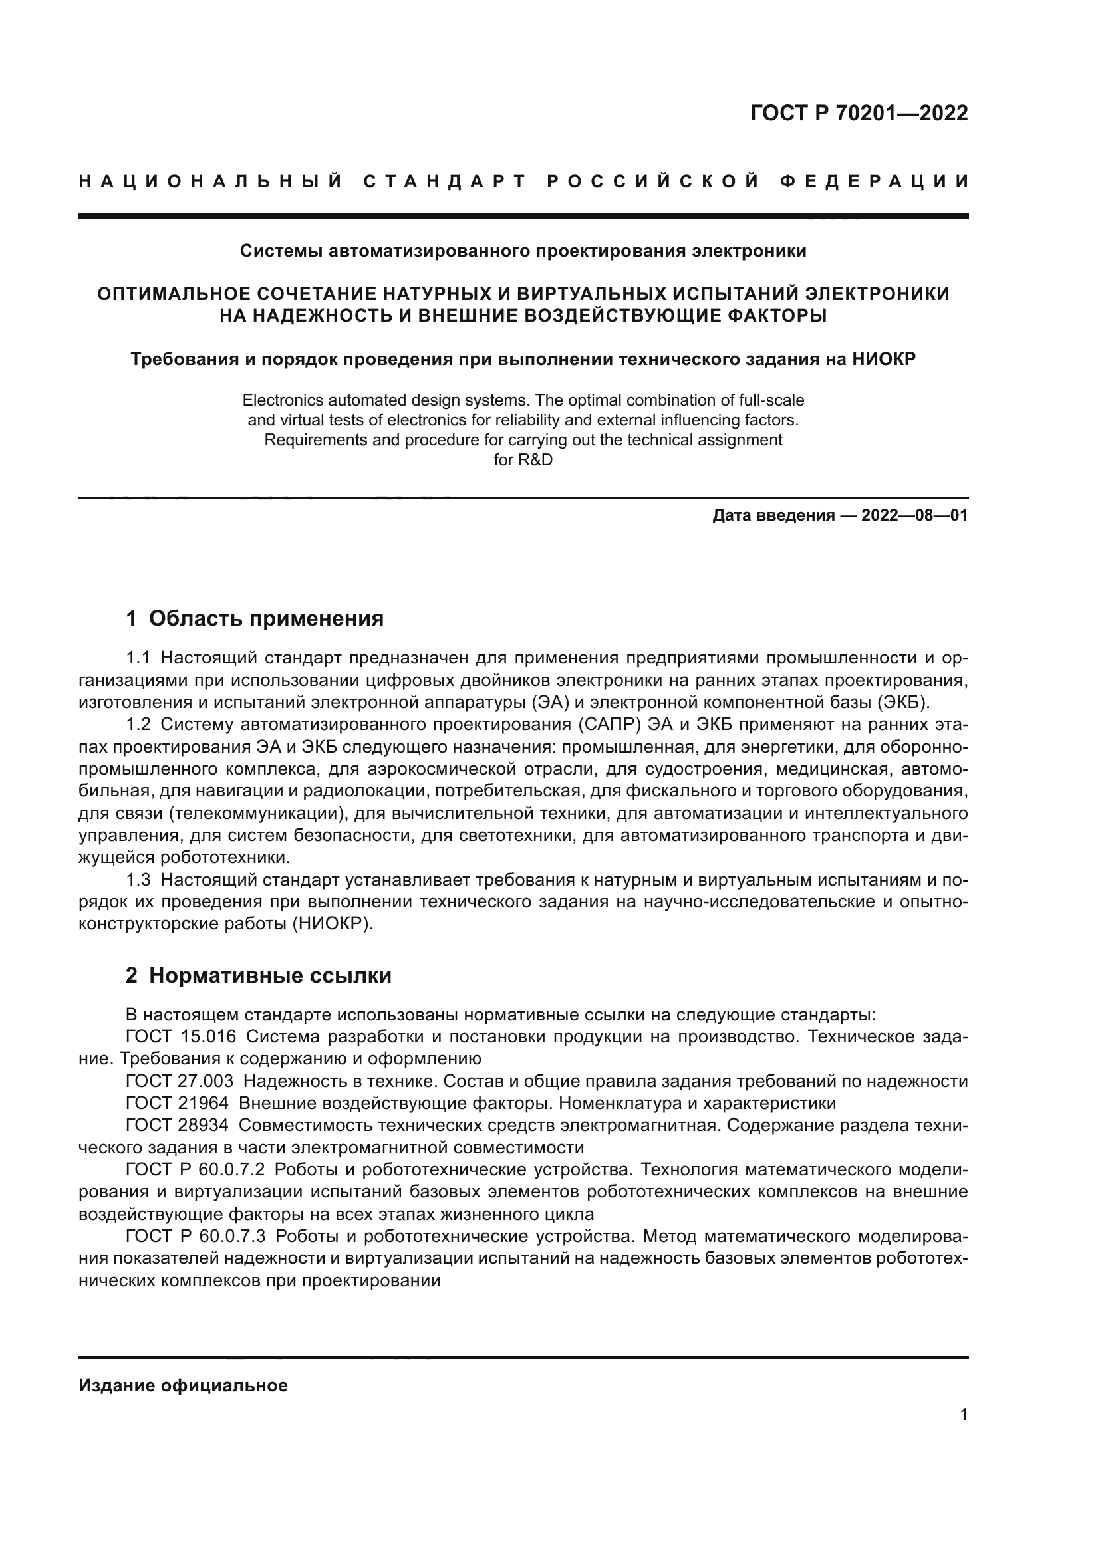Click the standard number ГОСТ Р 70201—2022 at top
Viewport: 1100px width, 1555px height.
click(x=859, y=113)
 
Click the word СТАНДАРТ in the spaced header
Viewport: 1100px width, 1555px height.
click(x=445, y=181)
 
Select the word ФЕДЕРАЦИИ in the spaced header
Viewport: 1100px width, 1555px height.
click(x=875, y=181)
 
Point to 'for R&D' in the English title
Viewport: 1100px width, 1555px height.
click(x=523, y=460)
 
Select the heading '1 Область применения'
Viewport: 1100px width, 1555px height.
click(x=255, y=618)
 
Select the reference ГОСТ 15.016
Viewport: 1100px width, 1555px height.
click(x=181, y=1037)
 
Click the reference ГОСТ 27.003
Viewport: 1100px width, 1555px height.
click(x=180, y=1082)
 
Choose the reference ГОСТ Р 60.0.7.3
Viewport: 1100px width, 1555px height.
click(x=196, y=1237)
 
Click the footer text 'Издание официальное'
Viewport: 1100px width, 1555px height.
click(x=183, y=1385)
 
